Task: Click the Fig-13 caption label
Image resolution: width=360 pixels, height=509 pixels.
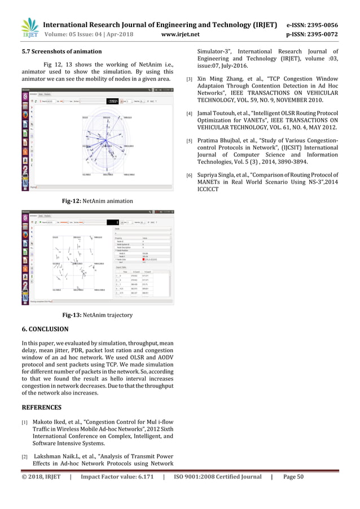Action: tap(71, 314)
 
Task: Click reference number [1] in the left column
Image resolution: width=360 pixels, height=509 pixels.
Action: tap(24, 422)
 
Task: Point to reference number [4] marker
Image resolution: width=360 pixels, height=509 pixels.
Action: tap(190, 115)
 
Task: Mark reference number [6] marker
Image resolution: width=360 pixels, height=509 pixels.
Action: tap(190, 175)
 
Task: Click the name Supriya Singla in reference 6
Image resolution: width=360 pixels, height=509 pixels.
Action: tap(219, 175)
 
